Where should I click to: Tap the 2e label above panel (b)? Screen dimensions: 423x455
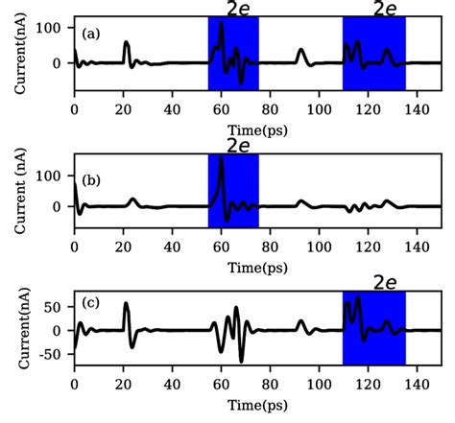pyautogui.click(x=238, y=145)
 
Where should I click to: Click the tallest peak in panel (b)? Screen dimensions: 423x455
pyautogui.click(x=222, y=159)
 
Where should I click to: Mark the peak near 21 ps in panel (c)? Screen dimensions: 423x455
pyautogui.click(x=126, y=304)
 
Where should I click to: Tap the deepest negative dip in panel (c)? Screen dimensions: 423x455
pyautogui.click(x=241, y=362)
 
